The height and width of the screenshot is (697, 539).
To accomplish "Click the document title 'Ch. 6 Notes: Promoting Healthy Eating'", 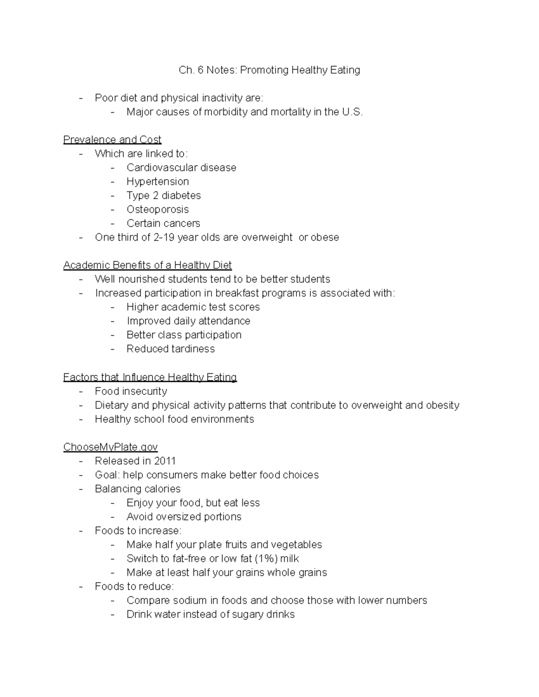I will pos(269,70).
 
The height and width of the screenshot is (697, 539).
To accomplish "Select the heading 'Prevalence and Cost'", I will pos(112,140).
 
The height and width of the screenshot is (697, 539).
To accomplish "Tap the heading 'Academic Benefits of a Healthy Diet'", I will pos(147,265).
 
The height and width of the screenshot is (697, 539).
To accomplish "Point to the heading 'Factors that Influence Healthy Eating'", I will pos(150,377).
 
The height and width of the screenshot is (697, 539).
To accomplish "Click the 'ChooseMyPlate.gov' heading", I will pos(110,447).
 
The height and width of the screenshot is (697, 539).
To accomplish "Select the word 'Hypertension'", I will pos(158,181).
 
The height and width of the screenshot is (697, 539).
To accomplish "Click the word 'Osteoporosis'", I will pos(158,209).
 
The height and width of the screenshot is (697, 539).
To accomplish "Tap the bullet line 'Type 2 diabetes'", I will pos(163,195).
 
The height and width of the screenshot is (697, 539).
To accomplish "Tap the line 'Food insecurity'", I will pos(131,391).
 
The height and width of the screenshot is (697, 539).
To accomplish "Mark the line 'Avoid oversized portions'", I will pos(184,517).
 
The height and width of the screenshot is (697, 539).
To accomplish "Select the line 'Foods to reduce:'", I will pos(134,586).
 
